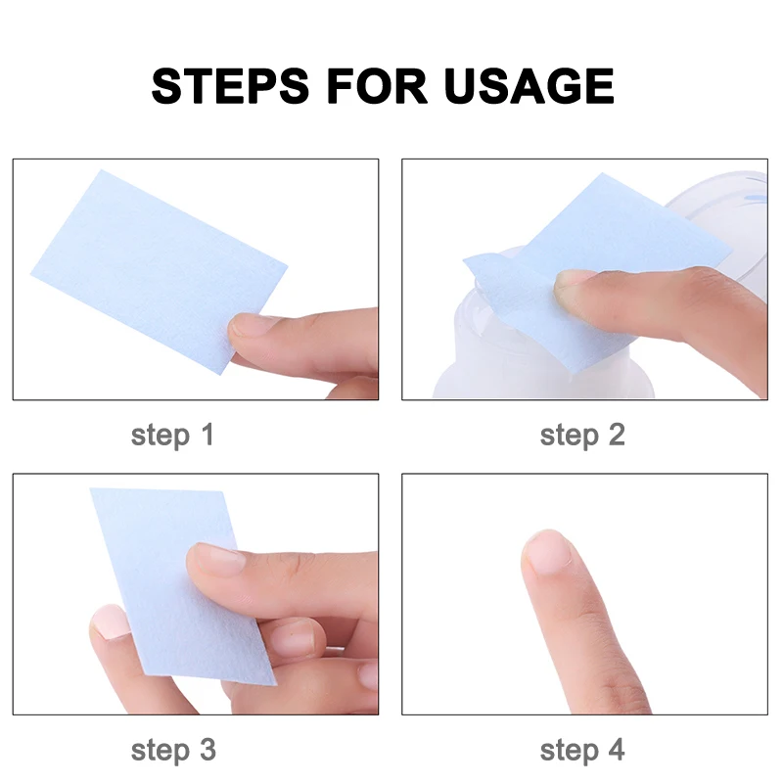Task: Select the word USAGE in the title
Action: pyautogui.click(x=530, y=86)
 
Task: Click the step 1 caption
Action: pyautogui.click(x=172, y=435)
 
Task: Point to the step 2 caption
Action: pyautogui.click(x=582, y=435)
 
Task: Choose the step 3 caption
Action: pyautogui.click(x=172, y=751)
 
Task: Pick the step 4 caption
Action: pyautogui.click(x=582, y=751)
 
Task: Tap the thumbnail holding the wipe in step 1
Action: pyautogui.click(x=249, y=327)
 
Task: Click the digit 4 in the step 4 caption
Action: pyautogui.click(x=615, y=751)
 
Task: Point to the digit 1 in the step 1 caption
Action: pyautogui.click(x=205, y=435)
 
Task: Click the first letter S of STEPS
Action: pyautogui.click(x=169, y=86)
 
